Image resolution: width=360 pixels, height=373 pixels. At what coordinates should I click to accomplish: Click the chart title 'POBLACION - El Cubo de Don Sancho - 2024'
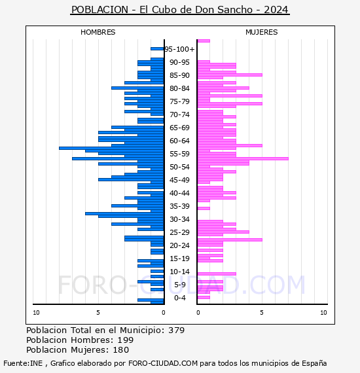click(180, 10)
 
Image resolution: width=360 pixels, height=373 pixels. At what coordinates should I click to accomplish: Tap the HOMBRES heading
click(98, 32)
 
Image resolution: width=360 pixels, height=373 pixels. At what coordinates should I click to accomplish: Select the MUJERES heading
click(262, 32)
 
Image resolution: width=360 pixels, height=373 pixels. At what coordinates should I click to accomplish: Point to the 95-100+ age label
click(179, 49)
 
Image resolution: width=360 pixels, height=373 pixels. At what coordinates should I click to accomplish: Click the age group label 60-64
click(179, 141)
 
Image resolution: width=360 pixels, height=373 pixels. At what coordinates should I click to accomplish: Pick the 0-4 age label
click(179, 298)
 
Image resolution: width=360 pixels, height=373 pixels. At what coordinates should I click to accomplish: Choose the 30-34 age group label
click(179, 219)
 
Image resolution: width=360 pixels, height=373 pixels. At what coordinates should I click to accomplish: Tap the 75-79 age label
click(179, 101)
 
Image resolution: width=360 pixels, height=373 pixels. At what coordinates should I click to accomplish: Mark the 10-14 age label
click(179, 272)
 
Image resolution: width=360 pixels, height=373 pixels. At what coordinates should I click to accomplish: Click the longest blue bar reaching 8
click(111, 148)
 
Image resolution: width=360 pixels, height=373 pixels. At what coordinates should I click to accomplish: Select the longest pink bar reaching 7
click(243, 158)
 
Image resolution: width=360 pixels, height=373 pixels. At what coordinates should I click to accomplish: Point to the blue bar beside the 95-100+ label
click(157, 49)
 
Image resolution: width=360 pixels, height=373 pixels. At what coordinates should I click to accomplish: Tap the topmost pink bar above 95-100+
click(204, 41)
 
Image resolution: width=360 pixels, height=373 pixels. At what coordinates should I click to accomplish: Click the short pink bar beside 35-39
click(204, 208)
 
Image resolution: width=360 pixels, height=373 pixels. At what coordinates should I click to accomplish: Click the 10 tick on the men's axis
click(36, 313)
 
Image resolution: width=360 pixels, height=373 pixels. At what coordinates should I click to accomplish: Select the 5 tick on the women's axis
click(262, 313)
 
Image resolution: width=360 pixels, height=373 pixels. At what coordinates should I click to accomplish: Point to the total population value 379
click(176, 330)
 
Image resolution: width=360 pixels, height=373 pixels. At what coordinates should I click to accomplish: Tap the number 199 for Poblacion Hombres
click(126, 340)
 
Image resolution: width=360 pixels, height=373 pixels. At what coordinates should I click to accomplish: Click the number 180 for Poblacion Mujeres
click(121, 349)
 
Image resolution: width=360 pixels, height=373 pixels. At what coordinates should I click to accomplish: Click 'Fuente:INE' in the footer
click(23, 363)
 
